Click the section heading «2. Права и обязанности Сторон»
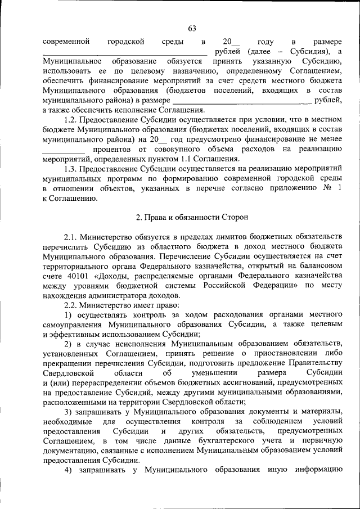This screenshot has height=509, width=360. click(192, 217)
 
